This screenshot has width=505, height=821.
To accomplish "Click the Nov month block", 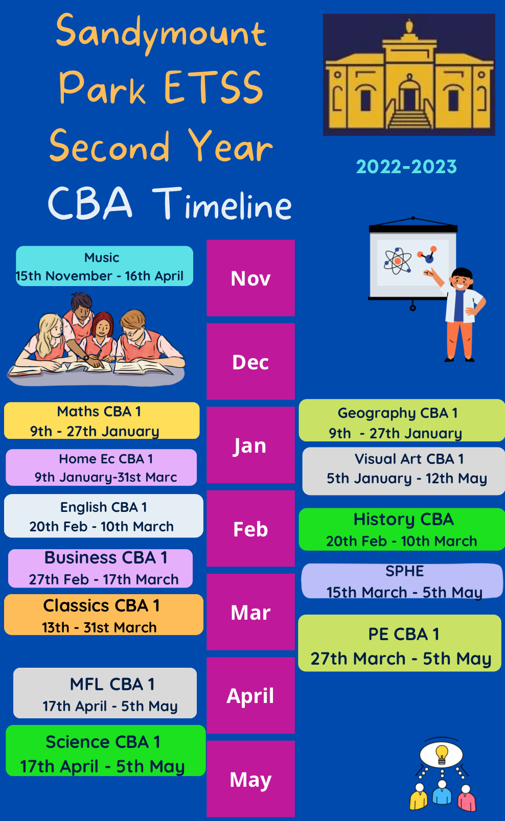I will pyautogui.click(x=250, y=278).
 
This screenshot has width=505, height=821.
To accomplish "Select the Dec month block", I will pyautogui.click(x=250, y=362).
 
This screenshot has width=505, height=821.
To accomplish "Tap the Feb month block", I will pyautogui.click(x=250, y=529).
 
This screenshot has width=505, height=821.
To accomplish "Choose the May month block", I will pyautogui.click(x=250, y=779).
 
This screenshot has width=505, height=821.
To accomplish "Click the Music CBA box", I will pyautogui.click(x=104, y=266).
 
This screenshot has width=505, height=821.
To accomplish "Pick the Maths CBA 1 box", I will pyautogui.click(x=102, y=420).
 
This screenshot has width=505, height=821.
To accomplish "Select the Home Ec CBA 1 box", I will pyautogui.click(x=101, y=467).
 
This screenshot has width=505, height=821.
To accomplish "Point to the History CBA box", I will pyautogui.click(x=402, y=529).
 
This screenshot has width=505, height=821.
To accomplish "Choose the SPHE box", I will pyautogui.click(x=402, y=581).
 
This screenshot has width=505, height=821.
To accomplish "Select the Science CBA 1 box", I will pyautogui.click(x=105, y=751).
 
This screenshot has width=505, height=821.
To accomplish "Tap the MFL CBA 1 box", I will pyautogui.click(x=105, y=693).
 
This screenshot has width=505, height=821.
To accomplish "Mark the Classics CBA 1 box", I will pyautogui.click(x=104, y=615).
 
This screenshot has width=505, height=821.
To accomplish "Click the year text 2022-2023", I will pyautogui.click(x=406, y=167).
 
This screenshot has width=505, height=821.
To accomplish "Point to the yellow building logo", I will pyautogui.click(x=409, y=75).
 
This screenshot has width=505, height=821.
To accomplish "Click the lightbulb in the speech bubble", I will pyautogui.click(x=442, y=754).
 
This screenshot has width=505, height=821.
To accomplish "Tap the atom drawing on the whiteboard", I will pyautogui.click(x=398, y=261).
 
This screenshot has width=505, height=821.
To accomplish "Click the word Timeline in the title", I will pyautogui.click(x=222, y=204).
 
